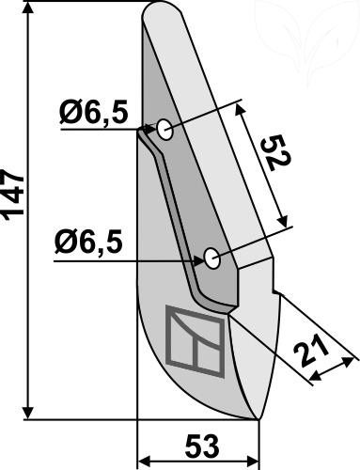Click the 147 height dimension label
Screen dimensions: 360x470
pos(13,193)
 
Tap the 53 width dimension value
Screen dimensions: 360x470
pos(202,446)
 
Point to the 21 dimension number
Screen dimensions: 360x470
pos(311,351)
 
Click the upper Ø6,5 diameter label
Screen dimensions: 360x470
pos(94,113)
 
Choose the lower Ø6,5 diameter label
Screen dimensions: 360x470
pos(88,243)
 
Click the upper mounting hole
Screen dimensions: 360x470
pos(164,130)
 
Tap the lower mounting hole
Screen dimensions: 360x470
pos(211,258)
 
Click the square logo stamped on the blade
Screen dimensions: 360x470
pos(196,341)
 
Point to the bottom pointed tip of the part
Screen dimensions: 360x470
pos(258,418)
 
